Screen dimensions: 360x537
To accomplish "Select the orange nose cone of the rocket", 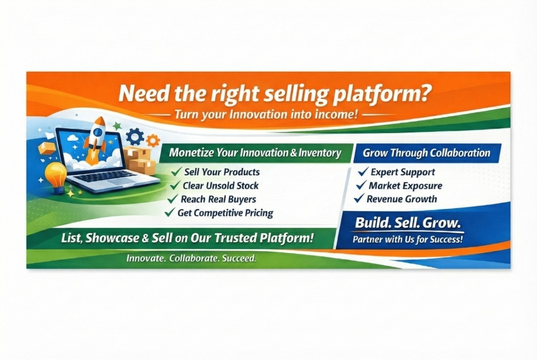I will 100,122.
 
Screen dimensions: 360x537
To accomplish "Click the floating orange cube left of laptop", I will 46,148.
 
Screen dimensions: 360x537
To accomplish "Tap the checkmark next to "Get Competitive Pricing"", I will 170,212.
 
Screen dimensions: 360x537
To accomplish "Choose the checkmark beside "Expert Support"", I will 363,172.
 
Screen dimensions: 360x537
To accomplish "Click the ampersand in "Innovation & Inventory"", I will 294,153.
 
